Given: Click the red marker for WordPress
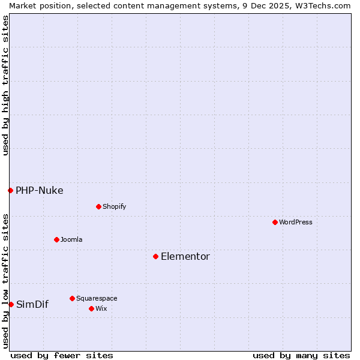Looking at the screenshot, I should point(275,222).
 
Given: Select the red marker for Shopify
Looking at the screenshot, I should point(98,206).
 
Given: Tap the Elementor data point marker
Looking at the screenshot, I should point(155,256).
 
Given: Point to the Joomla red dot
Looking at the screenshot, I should point(56,239).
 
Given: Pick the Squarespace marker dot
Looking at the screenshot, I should point(72,298).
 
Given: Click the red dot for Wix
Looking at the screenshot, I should point(91,308).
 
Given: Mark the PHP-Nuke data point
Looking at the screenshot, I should point(10,190).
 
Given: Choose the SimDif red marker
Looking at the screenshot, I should point(11,304).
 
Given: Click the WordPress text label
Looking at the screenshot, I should point(296,222).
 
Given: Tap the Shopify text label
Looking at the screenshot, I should point(114,206).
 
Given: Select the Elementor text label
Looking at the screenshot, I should point(185,256).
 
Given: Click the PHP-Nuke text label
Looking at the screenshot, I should point(40,190).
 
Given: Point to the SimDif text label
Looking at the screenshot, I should point(32,304).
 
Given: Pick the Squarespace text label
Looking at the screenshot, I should point(97,298).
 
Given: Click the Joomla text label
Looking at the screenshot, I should point(71,239).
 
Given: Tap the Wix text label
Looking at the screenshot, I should point(101,308).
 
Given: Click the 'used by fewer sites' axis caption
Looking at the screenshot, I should point(62,355).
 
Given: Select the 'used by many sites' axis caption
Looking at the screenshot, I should point(301,355).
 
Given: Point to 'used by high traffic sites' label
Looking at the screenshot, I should point(5,85).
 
